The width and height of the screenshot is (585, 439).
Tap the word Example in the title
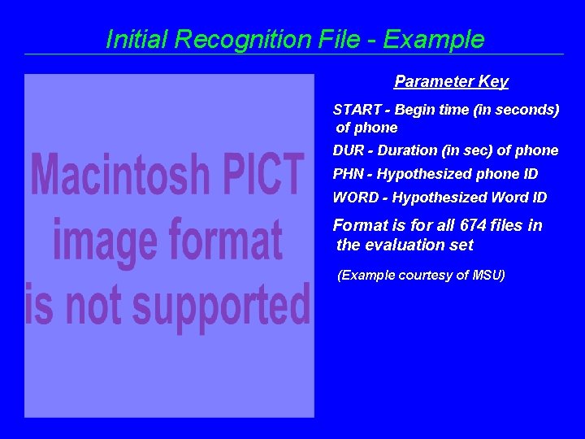pyautogui.click(x=435, y=39)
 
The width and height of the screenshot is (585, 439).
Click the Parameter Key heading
pyautogui.click(x=451, y=81)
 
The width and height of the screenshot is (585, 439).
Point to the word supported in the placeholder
pyautogui.click(x=222, y=307)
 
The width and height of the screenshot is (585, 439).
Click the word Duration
pyautogui.click(x=407, y=150)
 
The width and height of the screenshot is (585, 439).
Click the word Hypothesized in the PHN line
pyautogui.click(x=416, y=174)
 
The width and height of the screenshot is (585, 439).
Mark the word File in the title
pyautogui.click(x=327, y=39)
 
